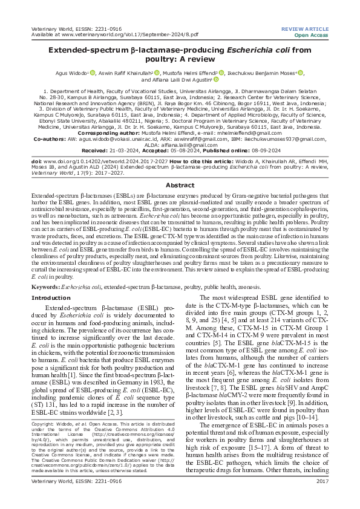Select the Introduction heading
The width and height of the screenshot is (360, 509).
point(51,298)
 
